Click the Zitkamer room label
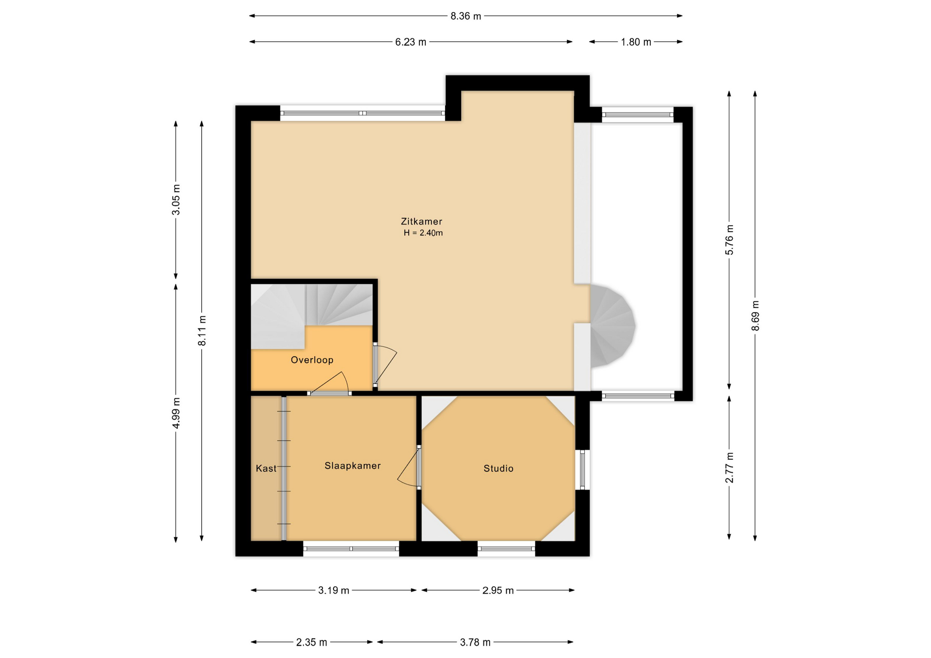421,221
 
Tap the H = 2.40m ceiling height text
423,233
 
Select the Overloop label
312,360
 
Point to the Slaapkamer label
353,466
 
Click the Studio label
498,469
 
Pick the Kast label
266,469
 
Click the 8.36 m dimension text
466,16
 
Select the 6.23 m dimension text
411,42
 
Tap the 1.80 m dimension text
636,42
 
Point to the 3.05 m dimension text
177,200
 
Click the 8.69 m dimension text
755,316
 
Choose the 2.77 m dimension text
729,468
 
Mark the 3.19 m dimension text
334,591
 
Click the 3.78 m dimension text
475,642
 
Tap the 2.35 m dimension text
312,642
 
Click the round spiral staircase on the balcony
612,326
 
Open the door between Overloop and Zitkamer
385,364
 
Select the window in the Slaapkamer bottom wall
351,549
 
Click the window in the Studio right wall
582,470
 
